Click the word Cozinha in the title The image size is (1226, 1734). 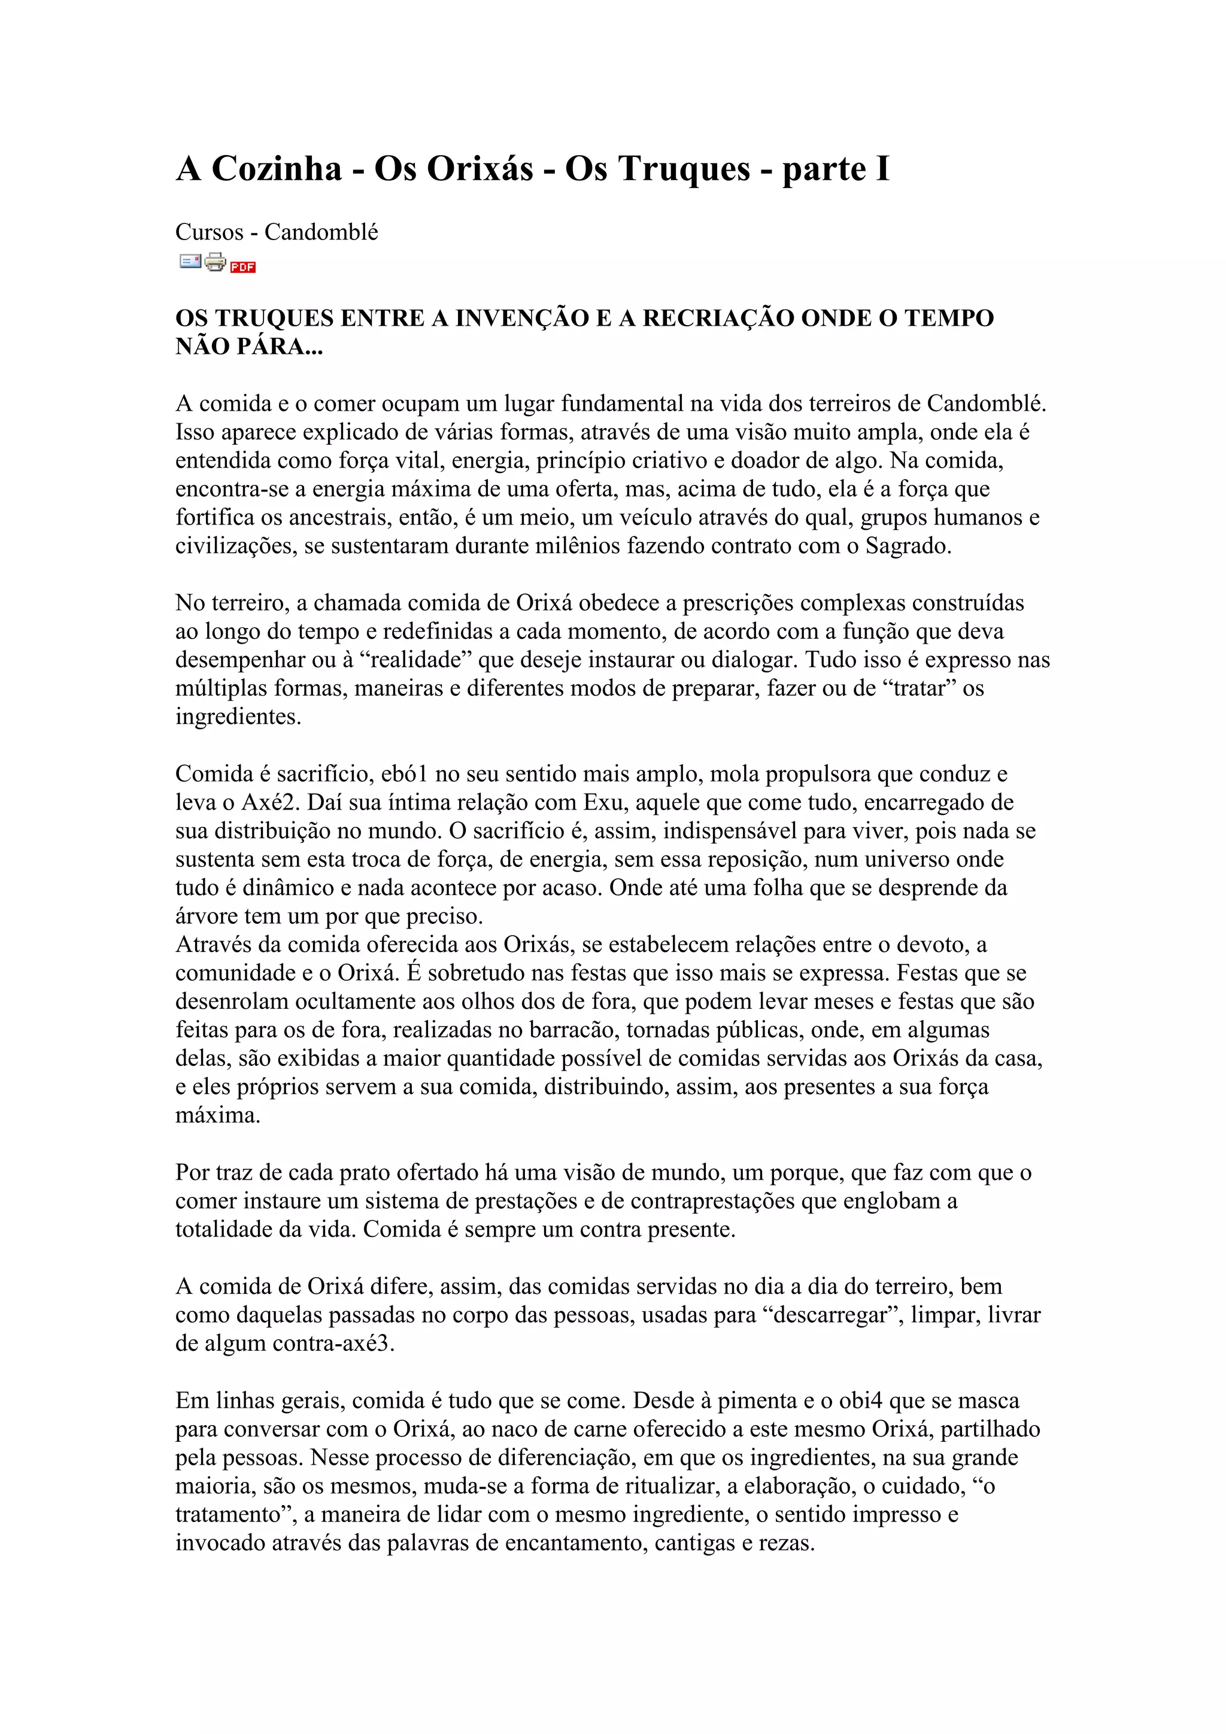pos(277,168)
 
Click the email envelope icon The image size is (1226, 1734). pos(190,261)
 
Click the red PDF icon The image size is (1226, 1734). pos(243,266)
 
